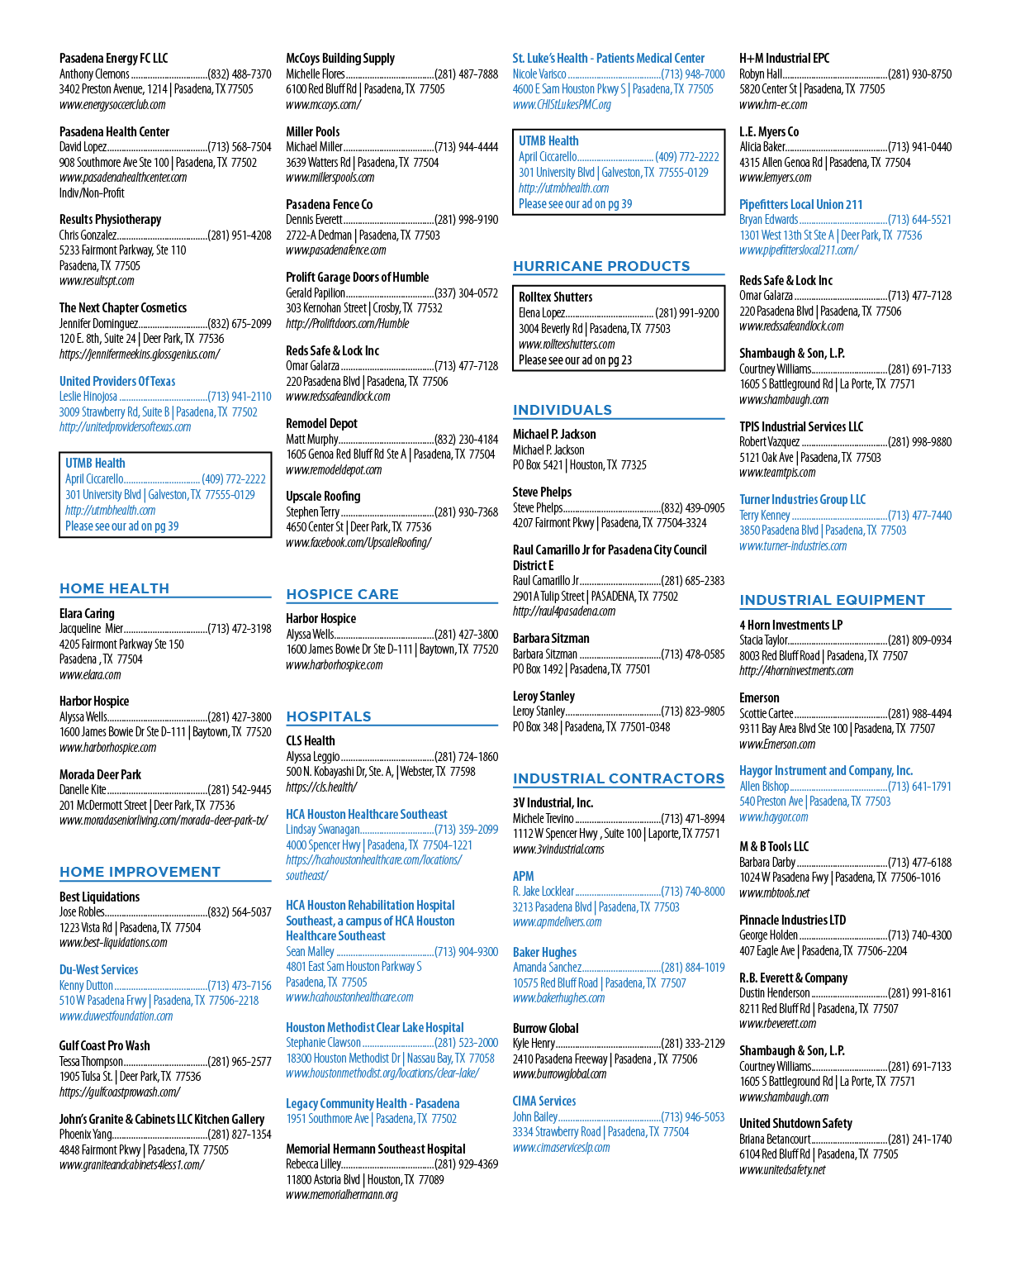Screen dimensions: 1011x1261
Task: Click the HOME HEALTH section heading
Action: coord(114,588)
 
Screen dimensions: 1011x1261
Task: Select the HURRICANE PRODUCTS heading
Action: coord(601,266)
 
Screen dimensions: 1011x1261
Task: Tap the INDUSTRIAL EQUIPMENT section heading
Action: coord(833,600)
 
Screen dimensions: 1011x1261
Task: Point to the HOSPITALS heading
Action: coord(329,716)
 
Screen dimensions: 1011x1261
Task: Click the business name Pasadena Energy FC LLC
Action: coord(114,58)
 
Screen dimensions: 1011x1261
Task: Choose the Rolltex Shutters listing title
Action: coord(555,297)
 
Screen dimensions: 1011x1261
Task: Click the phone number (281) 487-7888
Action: coord(466,74)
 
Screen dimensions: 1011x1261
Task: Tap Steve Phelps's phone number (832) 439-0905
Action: coord(693,507)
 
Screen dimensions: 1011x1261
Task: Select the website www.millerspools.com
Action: coord(330,178)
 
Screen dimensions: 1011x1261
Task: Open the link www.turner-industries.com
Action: coord(793,546)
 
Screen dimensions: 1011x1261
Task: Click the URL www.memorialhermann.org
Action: coord(342,1194)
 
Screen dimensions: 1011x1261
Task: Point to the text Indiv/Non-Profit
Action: coord(92,193)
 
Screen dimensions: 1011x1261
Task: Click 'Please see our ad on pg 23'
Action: coord(575,359)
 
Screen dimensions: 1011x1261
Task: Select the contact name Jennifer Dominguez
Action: coord(98,323)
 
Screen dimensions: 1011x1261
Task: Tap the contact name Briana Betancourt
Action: coord(775,1140)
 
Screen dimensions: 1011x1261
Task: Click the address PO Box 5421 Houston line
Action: coord(579,465)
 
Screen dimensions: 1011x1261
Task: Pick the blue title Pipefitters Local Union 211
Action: coord(800,204)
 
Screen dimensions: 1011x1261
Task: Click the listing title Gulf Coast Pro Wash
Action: coord(104,1046)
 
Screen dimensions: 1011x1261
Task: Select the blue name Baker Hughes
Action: coord(544,952)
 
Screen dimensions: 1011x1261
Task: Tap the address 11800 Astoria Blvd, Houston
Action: coord(365,1179)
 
